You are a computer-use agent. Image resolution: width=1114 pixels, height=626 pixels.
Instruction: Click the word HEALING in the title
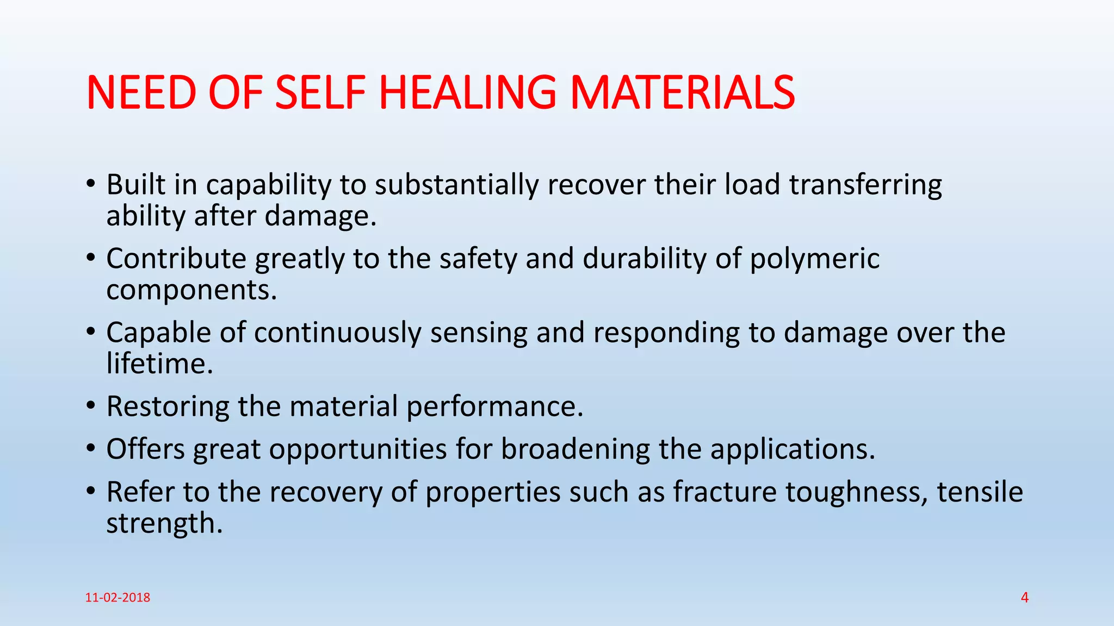(467, 93)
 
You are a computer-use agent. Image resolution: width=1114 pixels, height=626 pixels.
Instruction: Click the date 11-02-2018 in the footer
(117, 598)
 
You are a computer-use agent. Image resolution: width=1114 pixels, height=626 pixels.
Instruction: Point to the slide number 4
(1024, 598)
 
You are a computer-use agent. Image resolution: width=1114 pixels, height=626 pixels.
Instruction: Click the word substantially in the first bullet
(456, 185)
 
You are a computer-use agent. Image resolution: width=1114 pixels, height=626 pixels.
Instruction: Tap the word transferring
(865, 185)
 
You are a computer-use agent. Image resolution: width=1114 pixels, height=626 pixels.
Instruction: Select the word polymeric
(814, 259)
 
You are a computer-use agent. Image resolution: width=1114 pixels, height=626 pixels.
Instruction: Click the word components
(191, 290)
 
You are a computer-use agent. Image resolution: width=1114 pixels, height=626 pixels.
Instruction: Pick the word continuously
(337, 333)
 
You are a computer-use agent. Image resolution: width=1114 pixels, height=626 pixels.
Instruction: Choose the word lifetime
(159, 364)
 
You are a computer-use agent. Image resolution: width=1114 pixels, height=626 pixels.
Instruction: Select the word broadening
(575, 449)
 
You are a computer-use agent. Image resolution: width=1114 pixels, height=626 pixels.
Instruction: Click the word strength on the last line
(164, 523)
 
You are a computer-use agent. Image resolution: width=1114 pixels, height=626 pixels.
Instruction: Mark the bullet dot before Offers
(91, 449)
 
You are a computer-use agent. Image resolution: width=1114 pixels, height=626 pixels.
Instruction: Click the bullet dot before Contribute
(91, 258)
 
